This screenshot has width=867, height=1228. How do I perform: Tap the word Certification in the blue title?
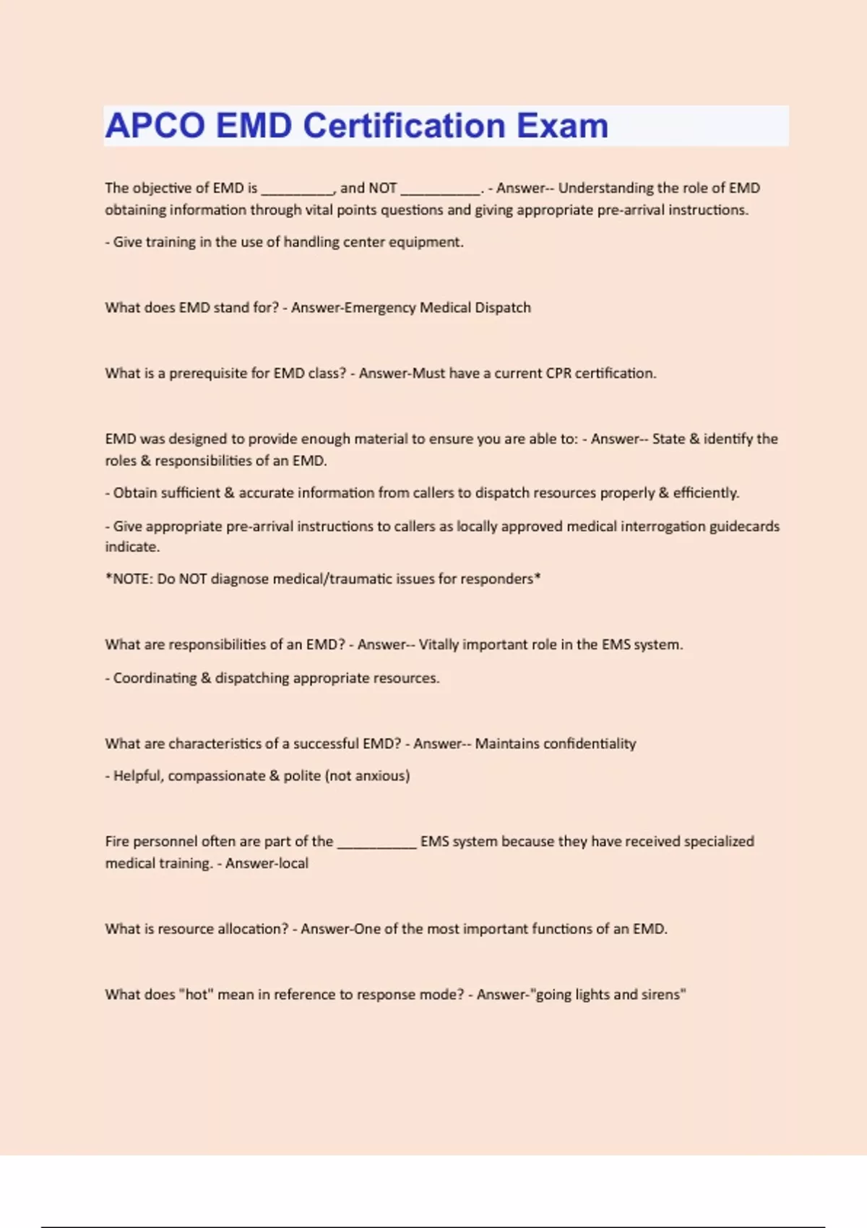404,126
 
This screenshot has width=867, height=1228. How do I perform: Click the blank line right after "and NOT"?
441,189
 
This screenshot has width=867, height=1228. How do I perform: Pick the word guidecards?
744,527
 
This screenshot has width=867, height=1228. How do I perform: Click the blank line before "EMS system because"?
376,843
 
